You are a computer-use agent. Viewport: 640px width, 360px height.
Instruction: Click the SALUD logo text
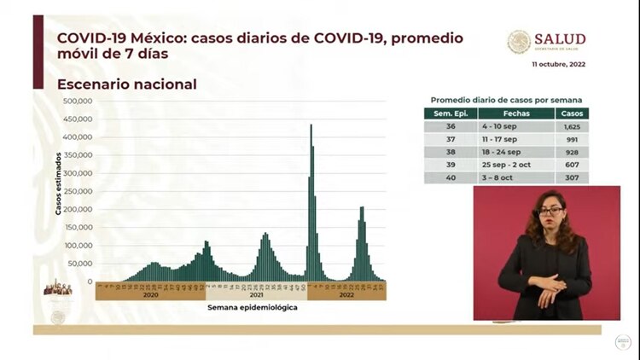[x=559, y=39]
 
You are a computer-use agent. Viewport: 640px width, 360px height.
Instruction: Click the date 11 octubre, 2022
[x=558, y=65]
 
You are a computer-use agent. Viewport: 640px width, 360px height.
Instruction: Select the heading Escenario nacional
[x=126, y=84]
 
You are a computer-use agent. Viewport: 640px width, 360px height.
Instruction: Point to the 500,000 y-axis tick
[x=79, y=101]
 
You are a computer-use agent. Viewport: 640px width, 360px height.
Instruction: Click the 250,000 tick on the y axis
[x=79, y=191]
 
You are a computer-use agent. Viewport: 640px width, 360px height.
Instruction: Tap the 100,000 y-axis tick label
[x=79, y=246]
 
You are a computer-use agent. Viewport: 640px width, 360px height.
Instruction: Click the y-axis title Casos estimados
[x=60, y=183]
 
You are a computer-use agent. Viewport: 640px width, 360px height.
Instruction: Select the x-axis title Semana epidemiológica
[x=252, y=307]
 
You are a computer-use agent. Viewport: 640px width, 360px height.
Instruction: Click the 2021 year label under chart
[x=256, y=295]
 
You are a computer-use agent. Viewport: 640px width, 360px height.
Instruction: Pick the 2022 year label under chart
[x=346, y=295]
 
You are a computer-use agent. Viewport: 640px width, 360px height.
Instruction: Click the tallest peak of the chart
[x=311, y=126]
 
